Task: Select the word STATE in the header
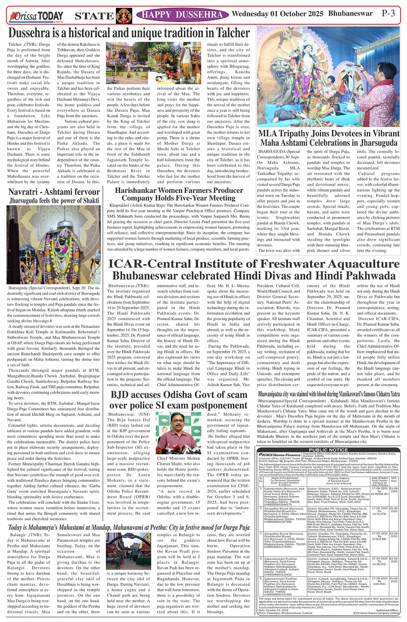[x=94, y=16]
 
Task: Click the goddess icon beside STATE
[x=124, y=16]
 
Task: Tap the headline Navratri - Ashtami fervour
[x=54, y=192]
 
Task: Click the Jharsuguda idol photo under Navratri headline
[x=54, y=244]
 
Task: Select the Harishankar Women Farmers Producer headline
[x=179, y=190]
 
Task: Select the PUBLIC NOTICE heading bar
[x=328, y=450]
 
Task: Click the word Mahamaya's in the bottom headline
[x=52, y=528]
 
